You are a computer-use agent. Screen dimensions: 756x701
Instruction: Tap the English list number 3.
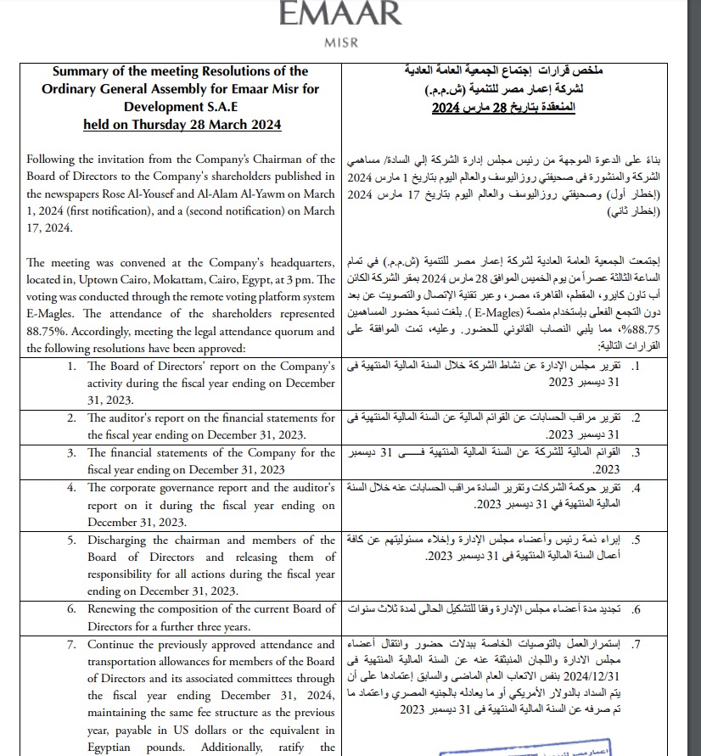click(x=72, y=453)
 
